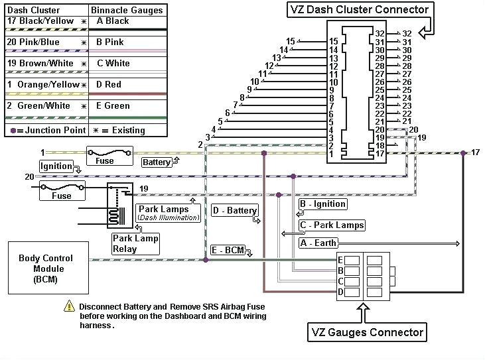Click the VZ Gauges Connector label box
point(367,331)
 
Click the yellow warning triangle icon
point(69,306)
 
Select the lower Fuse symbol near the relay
point(62,191)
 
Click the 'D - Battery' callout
point(235,211)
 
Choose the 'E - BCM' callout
point(228,250)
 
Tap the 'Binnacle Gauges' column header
point(127,10)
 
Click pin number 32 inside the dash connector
point(380,33)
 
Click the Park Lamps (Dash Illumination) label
point(169,213)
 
